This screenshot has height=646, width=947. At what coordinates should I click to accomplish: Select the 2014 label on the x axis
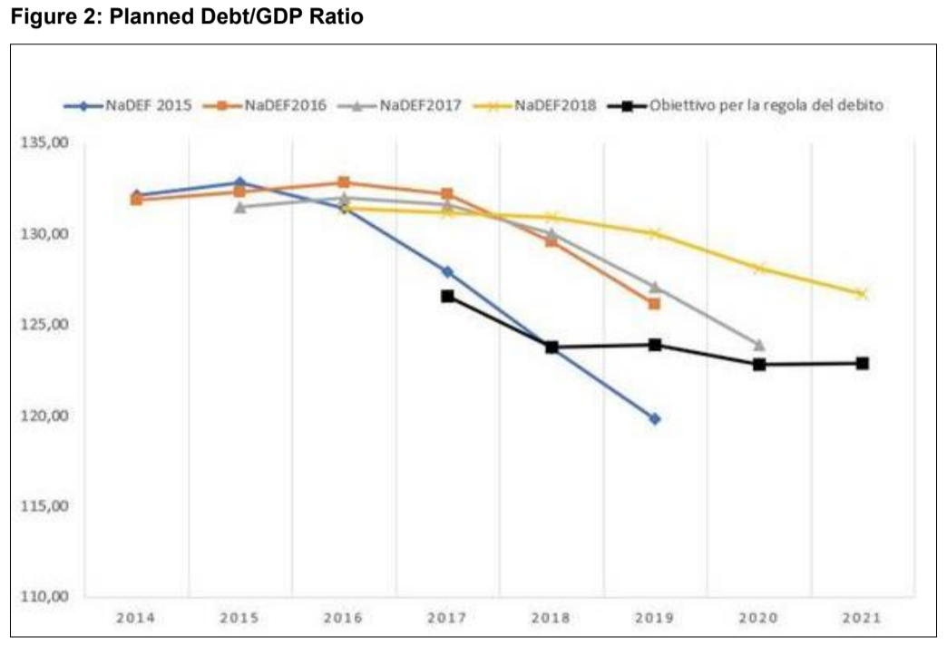pyautogui.click(x=135, y=618)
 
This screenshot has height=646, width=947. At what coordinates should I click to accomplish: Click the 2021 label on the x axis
pyautogui.click(x=862, y=618)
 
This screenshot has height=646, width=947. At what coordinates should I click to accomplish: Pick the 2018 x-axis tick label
pyautogui.click(x=551, y=618)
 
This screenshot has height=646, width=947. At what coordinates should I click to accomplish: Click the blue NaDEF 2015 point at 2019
pyautogui.click(x=654, y=418)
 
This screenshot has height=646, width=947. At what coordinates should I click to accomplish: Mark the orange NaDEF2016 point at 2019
pyautogui.click(x=654, y=304)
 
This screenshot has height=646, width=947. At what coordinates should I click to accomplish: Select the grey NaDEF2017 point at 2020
pyautogui.click(x=759, y=345)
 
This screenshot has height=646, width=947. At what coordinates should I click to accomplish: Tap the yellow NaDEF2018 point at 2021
pyautogui.click(x=862, y=294)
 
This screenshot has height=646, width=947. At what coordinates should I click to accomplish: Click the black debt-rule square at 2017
pyautogui.click(x=447, y=296)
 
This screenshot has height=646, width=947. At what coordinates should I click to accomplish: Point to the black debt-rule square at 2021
pyautogui.click(x=862, y=363)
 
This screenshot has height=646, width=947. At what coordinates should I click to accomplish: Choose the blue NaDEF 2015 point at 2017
pyautogui.click(x=447, y=271)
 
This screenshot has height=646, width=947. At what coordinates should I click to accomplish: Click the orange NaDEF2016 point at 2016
pyautogui.click(x=344, y=182)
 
